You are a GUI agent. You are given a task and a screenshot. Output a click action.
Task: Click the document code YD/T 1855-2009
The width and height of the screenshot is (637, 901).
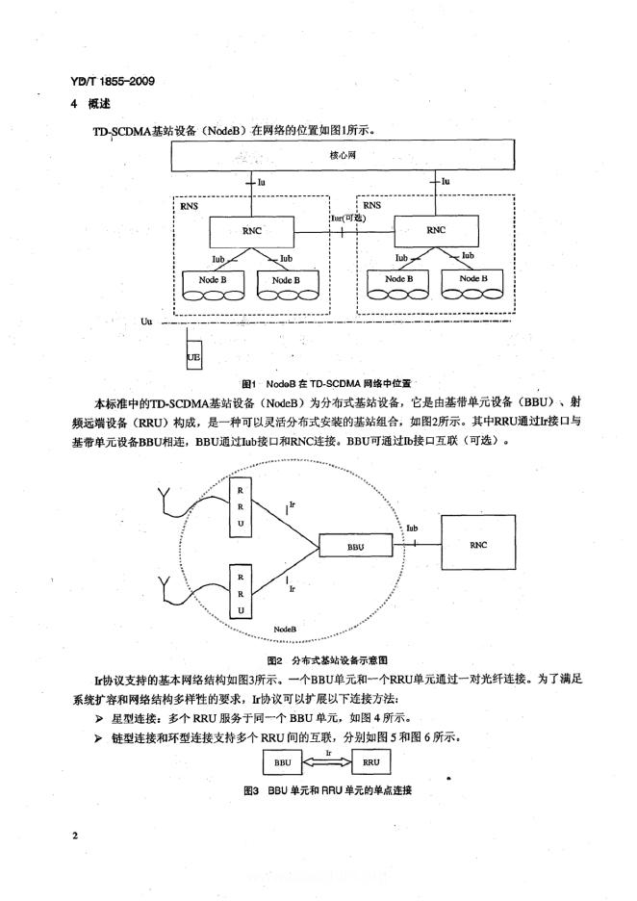113,82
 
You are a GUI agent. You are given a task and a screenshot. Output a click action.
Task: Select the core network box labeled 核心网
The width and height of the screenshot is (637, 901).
343,155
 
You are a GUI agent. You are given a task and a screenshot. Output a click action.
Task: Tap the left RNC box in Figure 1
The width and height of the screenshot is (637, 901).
251,232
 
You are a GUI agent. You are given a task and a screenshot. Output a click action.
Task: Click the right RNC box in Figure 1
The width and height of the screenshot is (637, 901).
435,230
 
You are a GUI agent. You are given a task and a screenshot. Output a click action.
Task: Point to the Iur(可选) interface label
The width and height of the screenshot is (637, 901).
348,219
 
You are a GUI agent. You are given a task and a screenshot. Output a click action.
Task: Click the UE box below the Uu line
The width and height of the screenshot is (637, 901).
193,357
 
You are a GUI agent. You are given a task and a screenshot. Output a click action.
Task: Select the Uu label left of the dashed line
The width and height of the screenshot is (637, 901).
146,322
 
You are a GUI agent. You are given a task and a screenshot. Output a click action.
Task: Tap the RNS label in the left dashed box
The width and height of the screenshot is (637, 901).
189,206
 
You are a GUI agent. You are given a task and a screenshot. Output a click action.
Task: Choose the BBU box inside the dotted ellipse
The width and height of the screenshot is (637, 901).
356,546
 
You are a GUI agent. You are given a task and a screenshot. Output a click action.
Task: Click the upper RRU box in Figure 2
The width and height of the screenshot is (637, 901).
241,506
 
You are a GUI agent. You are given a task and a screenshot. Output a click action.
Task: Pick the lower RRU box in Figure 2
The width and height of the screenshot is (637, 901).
241,593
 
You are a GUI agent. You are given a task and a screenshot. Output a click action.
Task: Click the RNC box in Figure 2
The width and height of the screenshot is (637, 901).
478,543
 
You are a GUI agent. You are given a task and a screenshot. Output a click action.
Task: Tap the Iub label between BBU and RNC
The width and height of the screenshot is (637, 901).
412,528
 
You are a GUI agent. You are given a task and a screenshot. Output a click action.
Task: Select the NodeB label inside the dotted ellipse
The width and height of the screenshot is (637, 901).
286,630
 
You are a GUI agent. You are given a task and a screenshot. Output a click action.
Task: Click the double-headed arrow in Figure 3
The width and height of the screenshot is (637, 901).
329,762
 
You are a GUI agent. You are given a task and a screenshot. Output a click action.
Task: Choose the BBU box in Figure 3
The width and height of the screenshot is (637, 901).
283,762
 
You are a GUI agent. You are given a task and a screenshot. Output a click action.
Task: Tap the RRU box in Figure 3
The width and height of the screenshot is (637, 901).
371,762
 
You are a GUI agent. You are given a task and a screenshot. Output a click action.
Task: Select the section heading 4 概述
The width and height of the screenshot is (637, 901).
90,104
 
